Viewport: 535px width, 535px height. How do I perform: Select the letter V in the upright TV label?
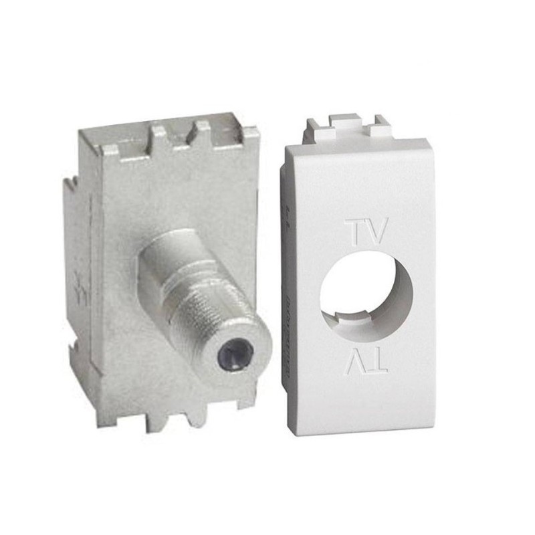(378, 231)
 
